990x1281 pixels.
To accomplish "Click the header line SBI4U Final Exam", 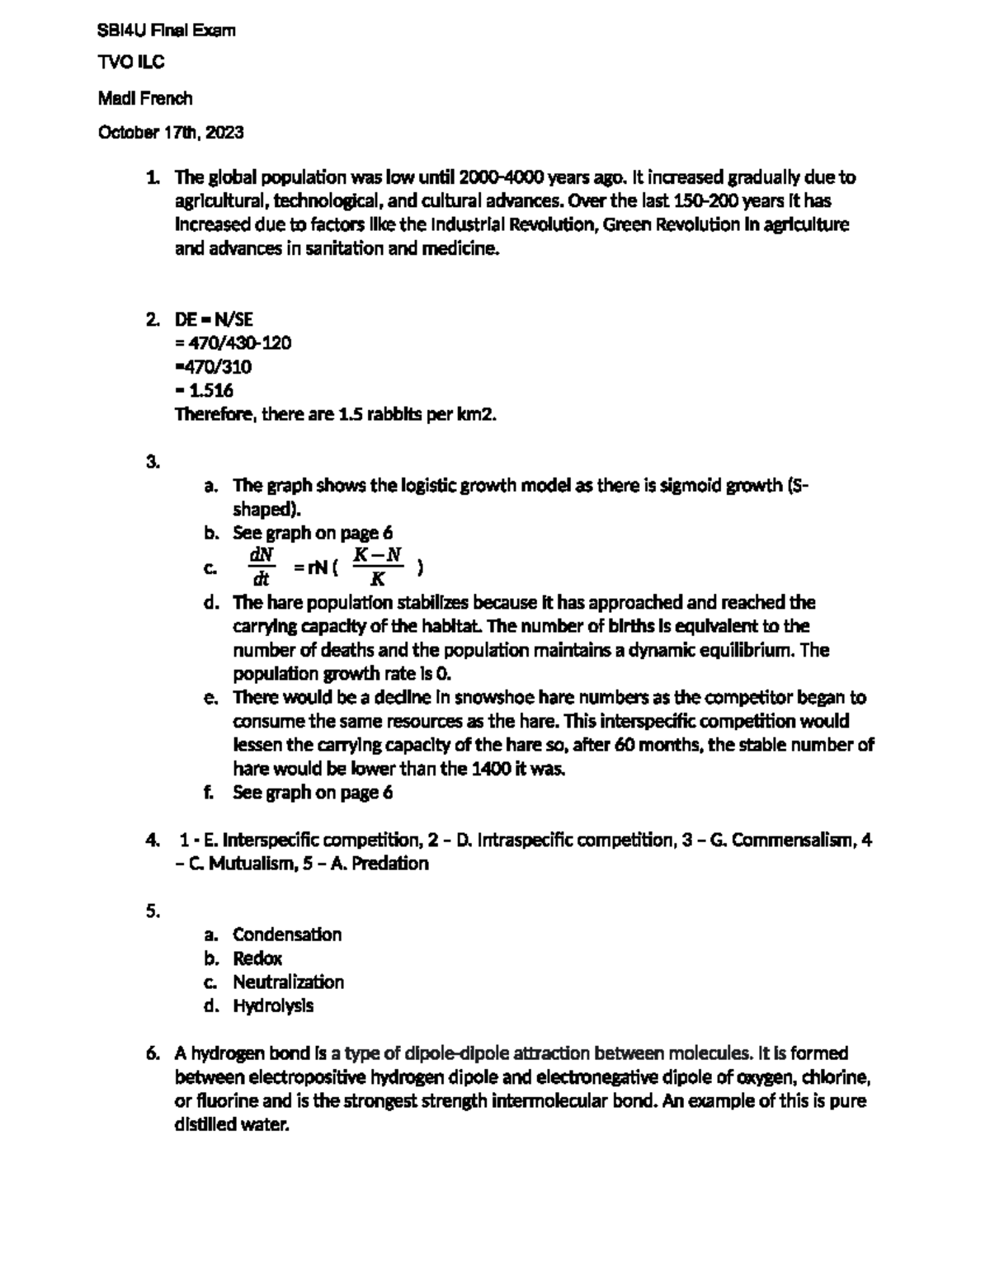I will pyautogui.click(x=167, y=31).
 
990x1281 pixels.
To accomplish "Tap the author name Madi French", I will pyautogui.click(x=145, y=99).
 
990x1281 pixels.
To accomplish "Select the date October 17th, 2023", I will pyautogui.click(x=171, y=133).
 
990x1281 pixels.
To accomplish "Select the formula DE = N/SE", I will pyautogui.click(x=213, y=319).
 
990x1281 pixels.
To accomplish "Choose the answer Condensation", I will pyautogui.click(x=286, y=935).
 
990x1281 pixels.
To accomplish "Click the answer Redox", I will pyautogui.click(x=257, y=958).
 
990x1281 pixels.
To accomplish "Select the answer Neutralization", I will pyautogui.click(x=288, y=982).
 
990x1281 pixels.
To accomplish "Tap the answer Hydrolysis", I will pyautogui.click(x=273, y=1006).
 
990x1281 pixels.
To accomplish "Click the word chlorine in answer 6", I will pyautogui.click(x=834, y=1077).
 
